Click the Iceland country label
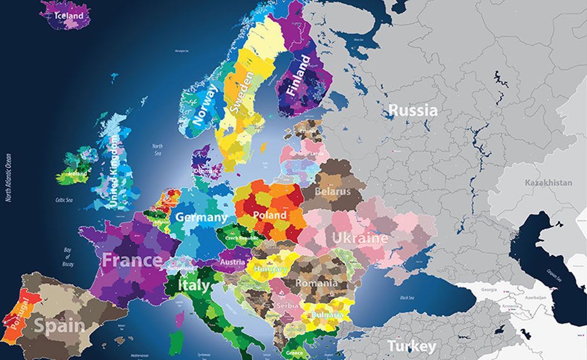(68, 16)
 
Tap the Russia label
(413, 110)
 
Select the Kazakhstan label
(548, 183)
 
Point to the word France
(131, 260)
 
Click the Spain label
(58, 325)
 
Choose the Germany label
(201, 217)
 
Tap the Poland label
(269, 215)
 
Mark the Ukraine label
(360, 238)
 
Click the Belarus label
(332, 191)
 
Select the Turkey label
(411, 346)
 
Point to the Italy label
(193, 286)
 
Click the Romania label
(317, 283)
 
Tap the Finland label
(298, 76)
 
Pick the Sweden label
(242, 93)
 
